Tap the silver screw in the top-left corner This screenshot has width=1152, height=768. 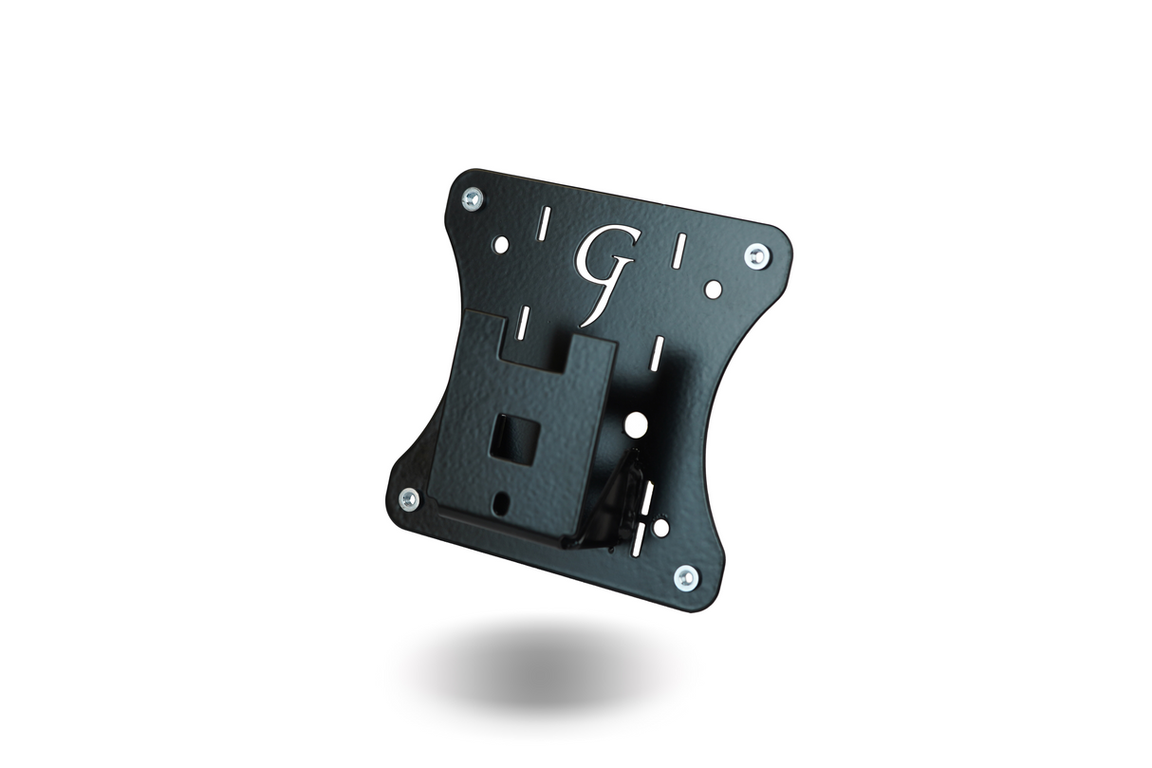point(472,198)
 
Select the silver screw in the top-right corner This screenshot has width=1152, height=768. point(756,254)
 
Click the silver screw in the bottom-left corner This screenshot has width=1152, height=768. point(409,497)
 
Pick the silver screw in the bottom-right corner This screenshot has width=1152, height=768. point(686,576)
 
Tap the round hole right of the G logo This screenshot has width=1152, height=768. point(712,288)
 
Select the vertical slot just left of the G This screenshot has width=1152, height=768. point(545,225)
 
